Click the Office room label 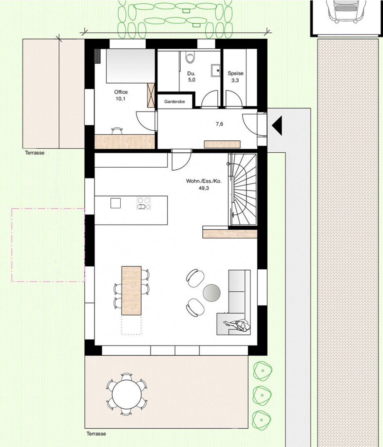tap(121, 92)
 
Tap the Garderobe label tap(174, 102)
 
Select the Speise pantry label tap(235, 73)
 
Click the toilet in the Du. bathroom tap(190, 58)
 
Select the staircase tap(243, 189)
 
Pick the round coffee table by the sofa tap(211, 293)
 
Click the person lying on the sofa tap(238, 325)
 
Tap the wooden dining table tap(131, 290)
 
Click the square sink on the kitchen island tap(115, 203)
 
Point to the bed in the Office tap(125, 65)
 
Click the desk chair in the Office tap(117, 131)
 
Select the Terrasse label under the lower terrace tap(96, 434)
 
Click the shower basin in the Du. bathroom tap(216, 71)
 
